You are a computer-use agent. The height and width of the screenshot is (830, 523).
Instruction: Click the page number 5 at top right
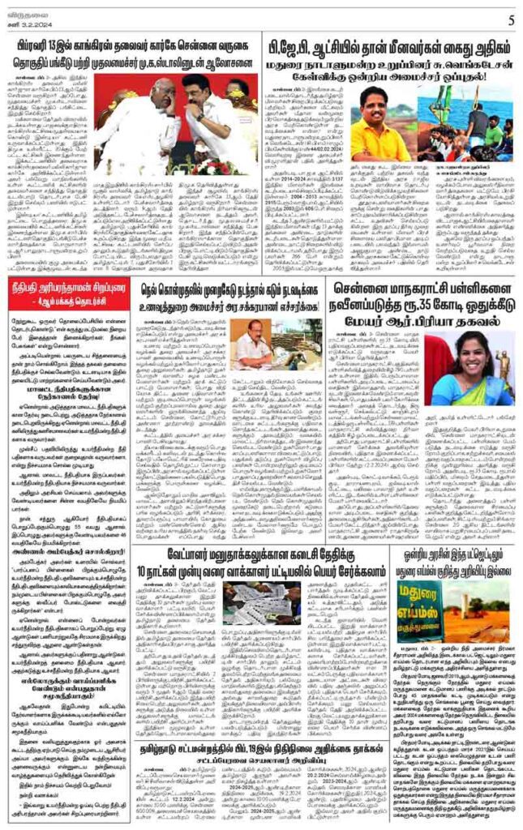(x=511, y=20)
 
